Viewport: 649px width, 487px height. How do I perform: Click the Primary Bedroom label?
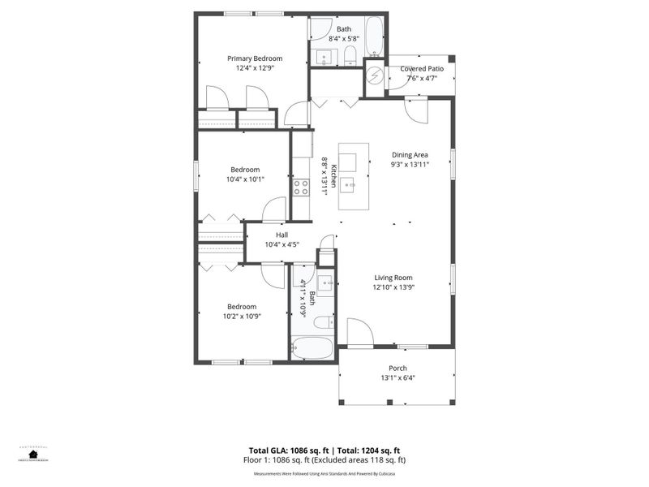[x=255, y=58]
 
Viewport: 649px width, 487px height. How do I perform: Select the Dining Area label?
[x=410, y=154]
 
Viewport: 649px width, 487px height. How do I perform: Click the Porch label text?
[x=398, y=368]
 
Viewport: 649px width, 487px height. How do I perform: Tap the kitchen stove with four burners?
[x=301, y=187]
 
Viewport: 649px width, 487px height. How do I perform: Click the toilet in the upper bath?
[x=350, y=54]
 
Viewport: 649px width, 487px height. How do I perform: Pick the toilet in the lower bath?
[x=323, y=322]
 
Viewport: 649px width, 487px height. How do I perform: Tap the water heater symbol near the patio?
[x=374, y=76]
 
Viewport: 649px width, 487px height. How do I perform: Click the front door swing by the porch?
[x=359, y=331]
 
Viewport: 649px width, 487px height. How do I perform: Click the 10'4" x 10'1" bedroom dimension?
[x=244, y=179]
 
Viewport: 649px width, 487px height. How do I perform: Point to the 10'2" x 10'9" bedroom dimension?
[x=243, y=316]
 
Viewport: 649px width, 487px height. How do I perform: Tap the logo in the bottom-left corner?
[x=33, y=453]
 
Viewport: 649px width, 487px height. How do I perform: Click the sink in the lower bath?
[x=325, y=284]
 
